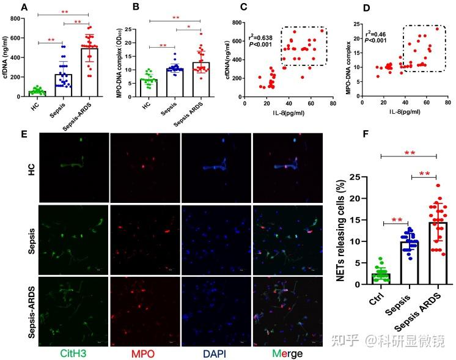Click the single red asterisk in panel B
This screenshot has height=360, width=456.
[189, 26]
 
